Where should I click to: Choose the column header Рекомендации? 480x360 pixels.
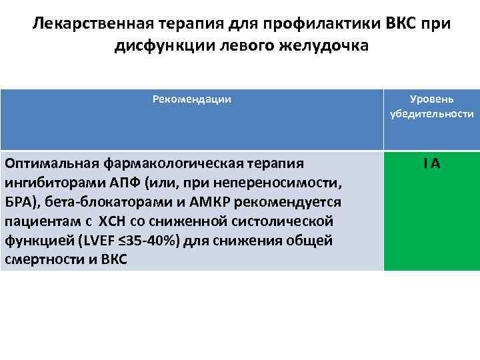click(x=191, y=99)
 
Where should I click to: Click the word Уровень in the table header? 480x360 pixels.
click(x=431, y=99)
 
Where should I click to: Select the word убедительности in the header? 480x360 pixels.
click(x=431, y=114)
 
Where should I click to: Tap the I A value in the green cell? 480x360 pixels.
click(x=431, y=163)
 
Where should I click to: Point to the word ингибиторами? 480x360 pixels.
click(x=48, y=183)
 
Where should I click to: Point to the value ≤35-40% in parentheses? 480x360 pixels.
click(x=131, y=241)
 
